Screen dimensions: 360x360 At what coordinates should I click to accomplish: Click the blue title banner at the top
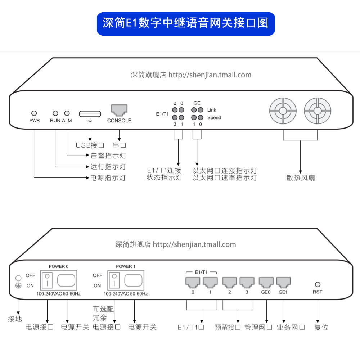coord(186,24)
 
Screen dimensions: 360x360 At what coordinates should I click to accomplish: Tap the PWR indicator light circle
coord(35,113)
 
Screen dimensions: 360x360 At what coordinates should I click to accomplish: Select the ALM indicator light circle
coord(67,113)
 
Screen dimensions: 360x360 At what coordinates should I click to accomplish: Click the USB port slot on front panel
coord(90,114)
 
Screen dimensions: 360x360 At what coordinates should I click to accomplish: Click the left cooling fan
coord(283,111)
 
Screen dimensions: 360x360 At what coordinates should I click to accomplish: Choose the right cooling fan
coord(317,111)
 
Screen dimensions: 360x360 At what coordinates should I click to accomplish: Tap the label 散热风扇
coord(301,177)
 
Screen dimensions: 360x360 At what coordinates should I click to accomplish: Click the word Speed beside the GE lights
coord(214,118)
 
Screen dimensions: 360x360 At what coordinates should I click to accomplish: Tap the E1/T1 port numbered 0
coord(193,282)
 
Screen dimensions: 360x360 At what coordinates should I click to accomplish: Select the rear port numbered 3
coord(247,282)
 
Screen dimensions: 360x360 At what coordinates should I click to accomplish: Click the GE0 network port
coord(266,282)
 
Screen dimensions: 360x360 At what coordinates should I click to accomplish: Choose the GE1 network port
coord(283,282)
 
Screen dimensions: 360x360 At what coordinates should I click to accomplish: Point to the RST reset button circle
coord(318,284)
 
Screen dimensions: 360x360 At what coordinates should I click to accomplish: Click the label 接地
coord(15,319)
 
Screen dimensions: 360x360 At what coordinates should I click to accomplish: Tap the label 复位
coord(321,328)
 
